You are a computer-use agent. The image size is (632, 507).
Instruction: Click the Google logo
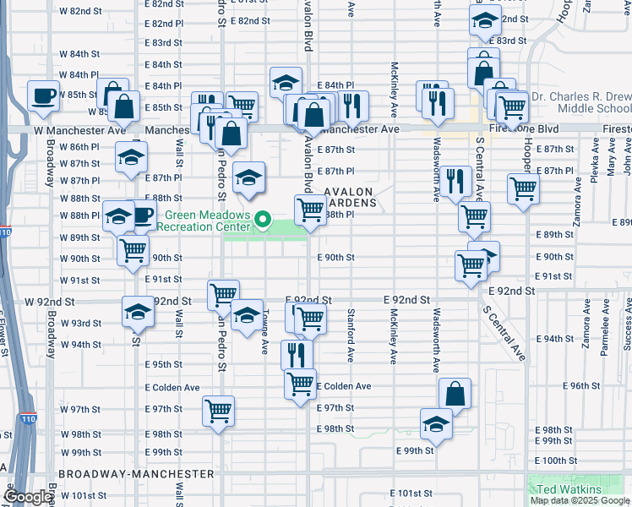pos(27,497)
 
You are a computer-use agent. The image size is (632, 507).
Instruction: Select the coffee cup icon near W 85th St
pos(42,95)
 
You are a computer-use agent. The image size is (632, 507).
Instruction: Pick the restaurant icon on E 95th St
pos(296,354)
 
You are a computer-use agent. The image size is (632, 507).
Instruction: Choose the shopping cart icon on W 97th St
pos(218,412)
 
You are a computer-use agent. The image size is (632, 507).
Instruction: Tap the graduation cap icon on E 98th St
pos(436,422)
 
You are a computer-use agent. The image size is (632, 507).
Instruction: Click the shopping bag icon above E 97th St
pos(455,393)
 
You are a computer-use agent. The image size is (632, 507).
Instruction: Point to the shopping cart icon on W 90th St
pos(133,251)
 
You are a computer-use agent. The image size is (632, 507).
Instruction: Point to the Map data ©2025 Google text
pos(580,500)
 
